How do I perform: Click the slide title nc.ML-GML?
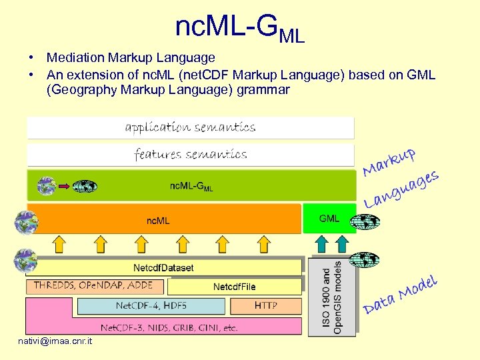[x=240, y=28]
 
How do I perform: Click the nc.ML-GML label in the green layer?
[x=191, y=186]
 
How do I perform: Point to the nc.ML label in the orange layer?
[x=158, y=219]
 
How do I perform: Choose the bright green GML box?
[x=329, y=219]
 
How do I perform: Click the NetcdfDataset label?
[x=163, y=268]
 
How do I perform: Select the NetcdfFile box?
[x=234, y=287]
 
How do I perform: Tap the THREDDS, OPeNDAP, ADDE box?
[x=94, y=285]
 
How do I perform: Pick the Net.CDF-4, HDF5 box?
[x=151, y=306]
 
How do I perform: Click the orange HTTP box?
[x=266, y=306]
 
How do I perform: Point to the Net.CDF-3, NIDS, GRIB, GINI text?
[x=169, y=327]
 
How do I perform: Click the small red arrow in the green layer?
[x=63, y=187]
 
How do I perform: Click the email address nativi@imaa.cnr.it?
[x=55, y=342]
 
